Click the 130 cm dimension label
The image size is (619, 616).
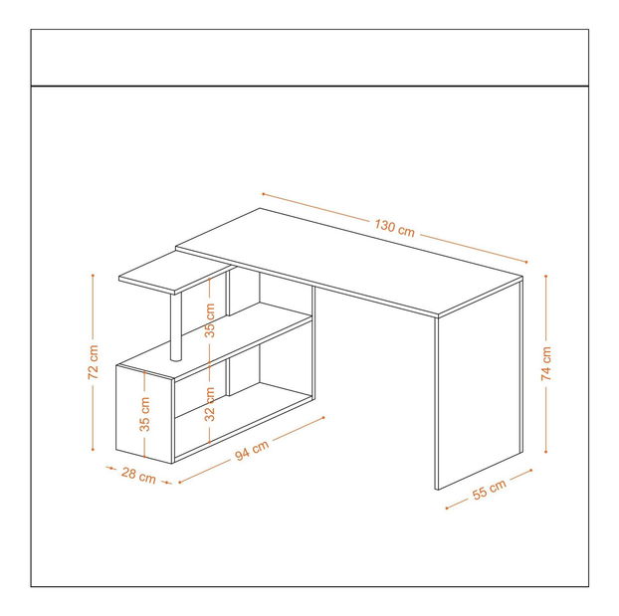(394, 228)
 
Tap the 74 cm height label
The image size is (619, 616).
(546, 363)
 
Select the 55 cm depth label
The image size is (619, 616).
(489, 490)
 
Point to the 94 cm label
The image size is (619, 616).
(252, 450)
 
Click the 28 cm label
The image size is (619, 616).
(138, 475)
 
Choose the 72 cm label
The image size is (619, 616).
(94, 362)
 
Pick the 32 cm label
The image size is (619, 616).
(210, 404)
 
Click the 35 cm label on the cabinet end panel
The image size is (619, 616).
(145, 414)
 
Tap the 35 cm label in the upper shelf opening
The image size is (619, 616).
(210, 320)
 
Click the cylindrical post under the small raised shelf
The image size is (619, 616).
(176, 326)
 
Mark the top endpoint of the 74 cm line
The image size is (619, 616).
(546, 276)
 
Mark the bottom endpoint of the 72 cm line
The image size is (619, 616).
(93, 450)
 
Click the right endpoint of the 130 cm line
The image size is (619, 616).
(526, 262)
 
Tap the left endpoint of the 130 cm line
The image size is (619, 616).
(263, 194)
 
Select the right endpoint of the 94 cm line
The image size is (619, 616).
(323, 417)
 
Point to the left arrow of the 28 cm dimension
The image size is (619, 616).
(110, 468)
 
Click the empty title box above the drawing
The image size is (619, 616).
(309, 58)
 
